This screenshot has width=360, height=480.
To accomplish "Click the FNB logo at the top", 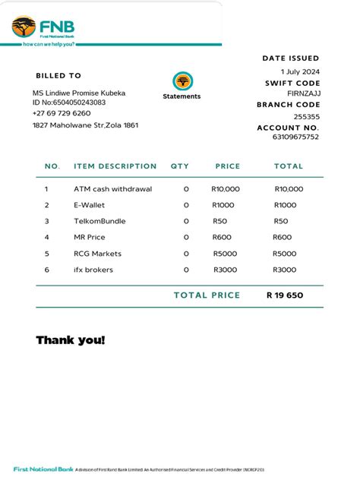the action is tap(43, 30).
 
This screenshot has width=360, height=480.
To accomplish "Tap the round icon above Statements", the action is tap(182, 81).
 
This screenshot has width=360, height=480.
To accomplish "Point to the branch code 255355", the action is tap(307, 116).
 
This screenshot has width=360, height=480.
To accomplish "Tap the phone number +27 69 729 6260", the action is tap(62, 113).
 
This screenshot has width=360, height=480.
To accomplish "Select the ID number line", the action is tap(69, 103).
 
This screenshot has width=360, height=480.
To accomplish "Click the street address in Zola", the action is tap(85, 125).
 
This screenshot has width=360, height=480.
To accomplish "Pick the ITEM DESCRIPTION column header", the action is tap(115, 166).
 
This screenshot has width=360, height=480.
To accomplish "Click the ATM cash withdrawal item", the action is tap(112, 189).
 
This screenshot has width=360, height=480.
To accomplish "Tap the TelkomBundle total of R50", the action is tap(281, 221).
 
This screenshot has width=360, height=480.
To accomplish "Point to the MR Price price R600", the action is tap(222, 238).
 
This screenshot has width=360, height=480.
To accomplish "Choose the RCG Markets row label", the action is tap(97, 254).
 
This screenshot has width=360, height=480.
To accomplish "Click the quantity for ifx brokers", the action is tap(186, 270).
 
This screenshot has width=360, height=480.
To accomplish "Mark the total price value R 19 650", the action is tap(285, 295).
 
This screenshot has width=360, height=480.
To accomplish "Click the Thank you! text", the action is tap(71, 339).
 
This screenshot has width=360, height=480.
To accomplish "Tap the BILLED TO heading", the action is tap(58, 76).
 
